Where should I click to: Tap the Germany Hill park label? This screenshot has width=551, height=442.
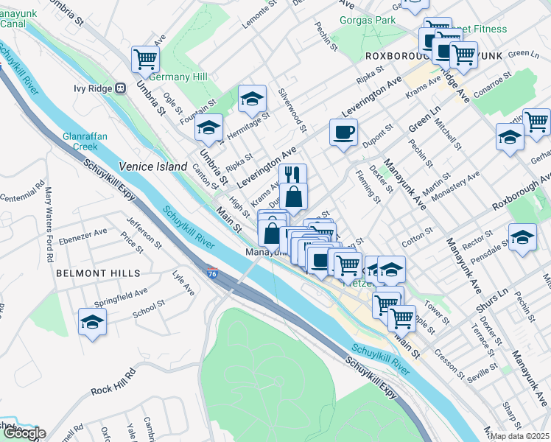click(178, 77)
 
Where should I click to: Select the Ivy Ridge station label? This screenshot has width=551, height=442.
click(99, 88)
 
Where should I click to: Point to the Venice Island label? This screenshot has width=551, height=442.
click(153, 167)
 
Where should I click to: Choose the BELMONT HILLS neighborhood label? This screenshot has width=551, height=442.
click(97, 273)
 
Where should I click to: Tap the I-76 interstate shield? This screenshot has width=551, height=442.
click(211, 273)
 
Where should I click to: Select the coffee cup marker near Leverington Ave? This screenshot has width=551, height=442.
click(343, 133)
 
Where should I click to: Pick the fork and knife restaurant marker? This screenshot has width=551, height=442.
click(292, 175)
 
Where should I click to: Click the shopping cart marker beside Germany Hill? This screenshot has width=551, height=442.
click(145, 59)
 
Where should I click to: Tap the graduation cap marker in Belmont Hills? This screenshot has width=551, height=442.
click(92, 322)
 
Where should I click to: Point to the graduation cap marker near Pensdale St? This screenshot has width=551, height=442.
click(522, 238)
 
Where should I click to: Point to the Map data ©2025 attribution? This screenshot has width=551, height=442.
click(520, 436)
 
